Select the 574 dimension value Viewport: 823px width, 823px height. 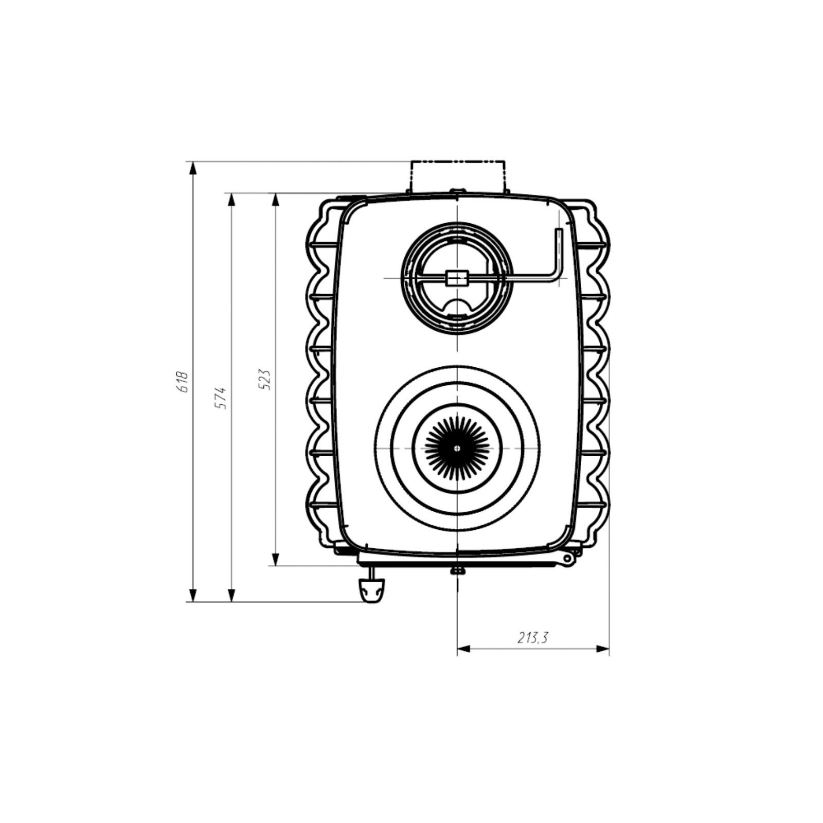pos(221,398)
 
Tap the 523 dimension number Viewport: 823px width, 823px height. pos(264,379)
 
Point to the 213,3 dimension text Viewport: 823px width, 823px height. pos(533,638)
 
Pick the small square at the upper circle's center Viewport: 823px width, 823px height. pos(457,278)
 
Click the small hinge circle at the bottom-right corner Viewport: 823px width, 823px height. pos(567,558)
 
